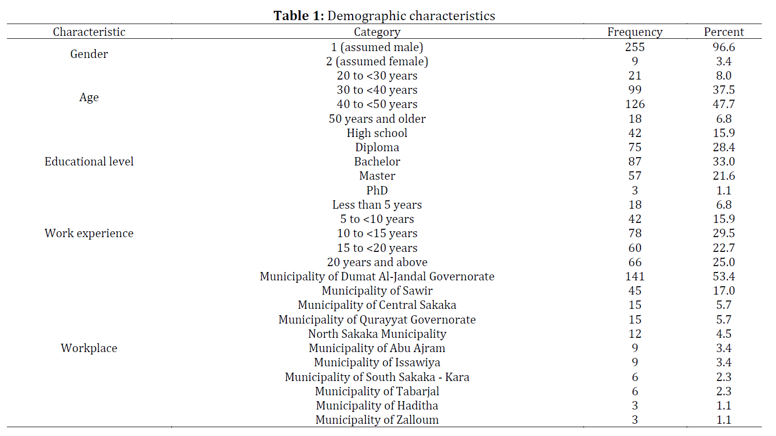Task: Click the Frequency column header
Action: point(635,32)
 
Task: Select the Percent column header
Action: point(723,32)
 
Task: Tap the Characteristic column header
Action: point(89,32)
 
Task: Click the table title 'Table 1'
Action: point(299,16)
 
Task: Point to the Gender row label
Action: point(89,54)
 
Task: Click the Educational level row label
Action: point(89,162)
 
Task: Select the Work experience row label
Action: point(89,233)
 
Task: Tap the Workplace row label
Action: point(89,348)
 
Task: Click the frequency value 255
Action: point(635,47)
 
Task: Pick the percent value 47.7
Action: point(723,104)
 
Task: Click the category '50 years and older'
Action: point(377,119)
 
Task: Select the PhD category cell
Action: point(377,190)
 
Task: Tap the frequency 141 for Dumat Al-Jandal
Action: point(635,276)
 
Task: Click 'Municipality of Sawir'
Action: point(377,291)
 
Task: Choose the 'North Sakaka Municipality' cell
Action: point(377,334)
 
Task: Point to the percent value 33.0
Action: point(723,162)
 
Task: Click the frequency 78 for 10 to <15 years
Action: point(635,233)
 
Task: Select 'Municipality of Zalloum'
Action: point(377,420)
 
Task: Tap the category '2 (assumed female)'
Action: point(377,61)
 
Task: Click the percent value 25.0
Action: point(723,262)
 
